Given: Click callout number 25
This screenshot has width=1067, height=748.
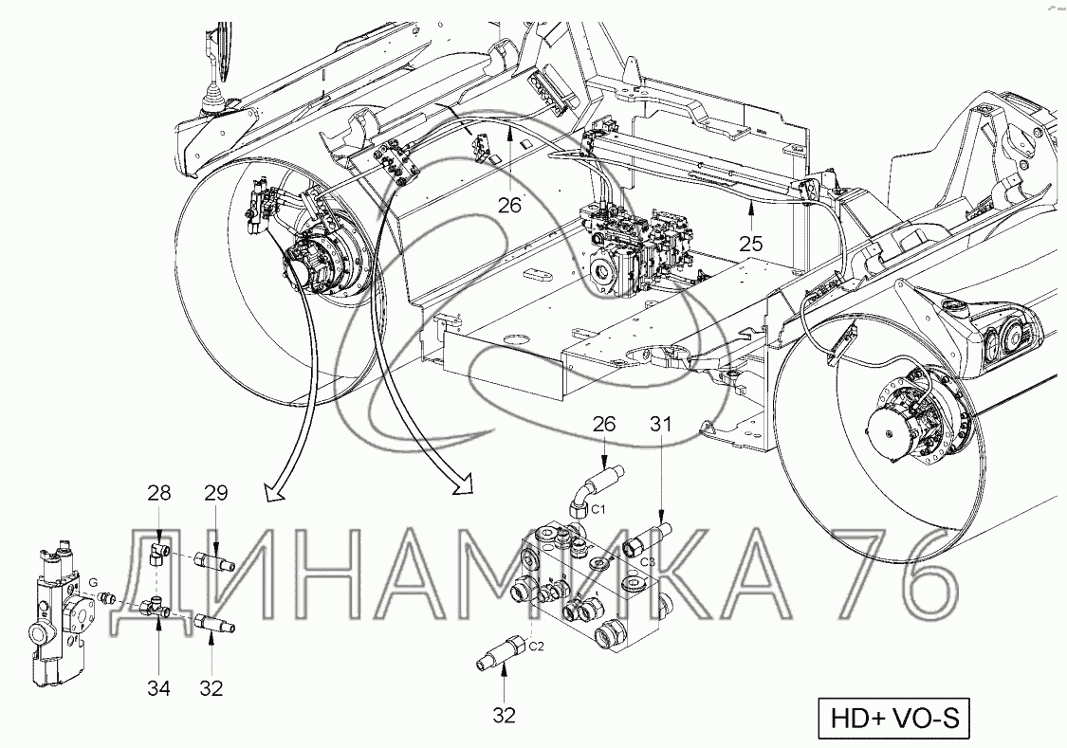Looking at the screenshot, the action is [751, 244].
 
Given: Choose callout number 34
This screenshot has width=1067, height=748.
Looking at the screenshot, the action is [158, 688].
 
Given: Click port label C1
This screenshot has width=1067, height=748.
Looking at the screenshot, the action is [598, 508].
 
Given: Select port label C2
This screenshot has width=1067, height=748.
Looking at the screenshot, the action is [536, 645].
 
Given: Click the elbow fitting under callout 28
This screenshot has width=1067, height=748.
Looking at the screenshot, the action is [157, 553].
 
